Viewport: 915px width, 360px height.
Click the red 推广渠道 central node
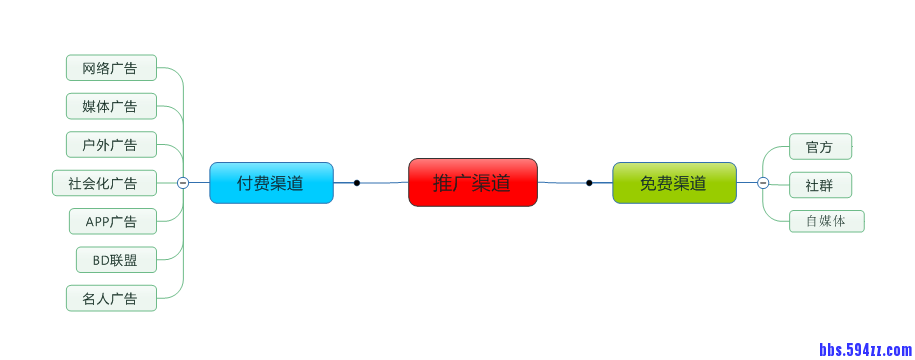tap(473, 183)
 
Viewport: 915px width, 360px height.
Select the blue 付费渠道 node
tap(271, 183)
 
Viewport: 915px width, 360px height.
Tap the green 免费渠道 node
tap(674, 183)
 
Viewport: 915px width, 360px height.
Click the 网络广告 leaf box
tap(111, 68)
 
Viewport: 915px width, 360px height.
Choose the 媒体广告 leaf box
tap(111, 106)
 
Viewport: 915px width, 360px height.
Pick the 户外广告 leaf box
tap(111, 144)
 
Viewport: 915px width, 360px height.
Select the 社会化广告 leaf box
tap(104, 183)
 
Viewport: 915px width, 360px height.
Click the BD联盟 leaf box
tap(116, 260)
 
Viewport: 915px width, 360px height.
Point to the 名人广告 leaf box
tap(111, 298)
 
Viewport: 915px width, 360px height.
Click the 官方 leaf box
tap(820, 147)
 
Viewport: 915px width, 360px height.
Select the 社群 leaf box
tap(820, 185)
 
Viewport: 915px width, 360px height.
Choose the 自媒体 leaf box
tap(826, 221)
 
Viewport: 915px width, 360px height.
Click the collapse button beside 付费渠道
tap(183, 183)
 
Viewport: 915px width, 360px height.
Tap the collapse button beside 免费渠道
tap(763, 183)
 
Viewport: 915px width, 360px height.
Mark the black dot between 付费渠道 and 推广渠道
tap(357, 183)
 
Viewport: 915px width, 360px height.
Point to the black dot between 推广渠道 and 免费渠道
tap(589, 183)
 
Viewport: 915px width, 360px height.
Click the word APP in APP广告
tap(98, 221)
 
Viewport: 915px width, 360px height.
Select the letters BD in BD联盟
tap(100, 260)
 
